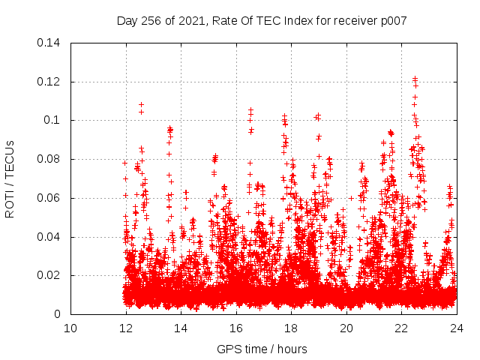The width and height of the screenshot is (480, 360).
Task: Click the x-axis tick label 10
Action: pos(70,328)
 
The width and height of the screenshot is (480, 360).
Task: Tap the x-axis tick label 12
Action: pos(126,328)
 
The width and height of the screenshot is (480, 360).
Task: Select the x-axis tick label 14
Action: pos(181,328)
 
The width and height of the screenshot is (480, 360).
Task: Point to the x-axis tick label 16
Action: pos(236,328)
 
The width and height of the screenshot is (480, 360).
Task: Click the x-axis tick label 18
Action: pos(291,328)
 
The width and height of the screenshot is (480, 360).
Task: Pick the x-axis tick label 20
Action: pos(346,328)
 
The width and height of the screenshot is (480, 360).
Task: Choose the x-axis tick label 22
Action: pos(401,328)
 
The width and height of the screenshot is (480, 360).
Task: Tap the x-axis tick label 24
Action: pos(456,328)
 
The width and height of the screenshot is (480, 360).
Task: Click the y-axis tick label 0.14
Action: pos(49,43)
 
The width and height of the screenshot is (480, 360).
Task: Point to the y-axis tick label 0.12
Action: pos(49,82)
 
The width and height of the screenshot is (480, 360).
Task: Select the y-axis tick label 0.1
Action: pos(52,121)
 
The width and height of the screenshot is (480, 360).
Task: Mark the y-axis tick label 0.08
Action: pos(49,160)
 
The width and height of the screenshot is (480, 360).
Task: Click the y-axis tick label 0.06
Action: pos(49,199)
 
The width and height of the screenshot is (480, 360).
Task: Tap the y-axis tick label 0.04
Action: pos(49,238)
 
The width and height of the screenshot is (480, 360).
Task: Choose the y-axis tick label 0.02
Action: pos(49,276)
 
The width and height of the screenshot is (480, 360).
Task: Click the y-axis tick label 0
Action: pos(58,315)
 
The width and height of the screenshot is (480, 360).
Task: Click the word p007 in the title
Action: pos(394,21)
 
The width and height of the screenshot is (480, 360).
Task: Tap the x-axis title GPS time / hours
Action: pos(263,349)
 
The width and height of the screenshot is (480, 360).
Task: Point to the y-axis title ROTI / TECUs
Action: pos(10,178)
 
